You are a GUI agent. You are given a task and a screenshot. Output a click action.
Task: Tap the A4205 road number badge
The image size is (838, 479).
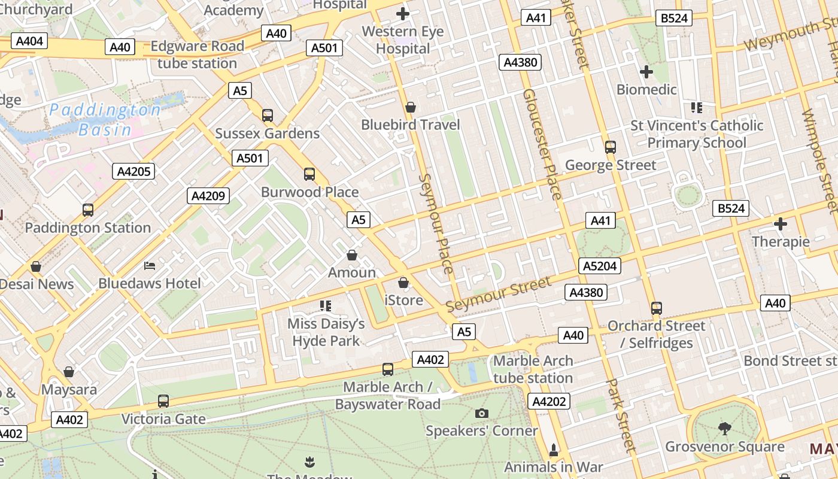pyautogui.click(x=133, y=171)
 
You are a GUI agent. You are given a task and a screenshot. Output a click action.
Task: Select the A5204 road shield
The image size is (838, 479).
pyautogui.click(x=600, y=266)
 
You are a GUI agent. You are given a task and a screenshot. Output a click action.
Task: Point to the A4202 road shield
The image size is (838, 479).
pyautogui.click(x=549, y=401)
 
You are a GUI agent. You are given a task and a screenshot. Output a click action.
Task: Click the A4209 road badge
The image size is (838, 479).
pyautogui.click(x=208, y=196)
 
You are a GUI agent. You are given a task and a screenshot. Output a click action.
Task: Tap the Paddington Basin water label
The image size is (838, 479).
pyautogui.click(x=105, y=120)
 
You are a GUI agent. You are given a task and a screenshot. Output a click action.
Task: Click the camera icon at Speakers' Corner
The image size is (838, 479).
pyautogui.click(x=481, y=413)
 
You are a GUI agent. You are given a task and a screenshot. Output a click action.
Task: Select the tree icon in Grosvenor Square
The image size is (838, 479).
pyautogui.click(x=724, y=429)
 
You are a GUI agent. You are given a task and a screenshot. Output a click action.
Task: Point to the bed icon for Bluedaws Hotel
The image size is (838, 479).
pyautogui.click(x=150, y=265)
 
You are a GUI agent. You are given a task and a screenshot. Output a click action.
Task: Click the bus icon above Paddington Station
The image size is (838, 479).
pyautogui.click(x=88, y=210)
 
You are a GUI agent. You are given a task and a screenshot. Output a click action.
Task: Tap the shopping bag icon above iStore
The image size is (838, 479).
pyautogui.click(x=404, y=282)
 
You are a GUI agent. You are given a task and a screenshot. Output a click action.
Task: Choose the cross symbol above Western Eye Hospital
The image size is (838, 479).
pyautogui.click(x=403, y=13)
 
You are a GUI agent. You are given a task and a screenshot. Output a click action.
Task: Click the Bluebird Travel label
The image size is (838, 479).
pyautogui.click(x=411, y=125)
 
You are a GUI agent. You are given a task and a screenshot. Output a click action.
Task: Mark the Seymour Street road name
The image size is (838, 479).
pyautogui.click(x=498, y=294)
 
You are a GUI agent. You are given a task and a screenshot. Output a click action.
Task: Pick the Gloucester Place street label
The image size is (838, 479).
pyautogui.click(x=542, y=144)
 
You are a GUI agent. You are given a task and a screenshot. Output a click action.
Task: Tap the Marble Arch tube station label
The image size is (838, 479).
pyautogui.click(x=533, y=369)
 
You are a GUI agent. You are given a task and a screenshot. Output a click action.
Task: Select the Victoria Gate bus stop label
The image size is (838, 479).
pyautogui.click(x=163, y=419)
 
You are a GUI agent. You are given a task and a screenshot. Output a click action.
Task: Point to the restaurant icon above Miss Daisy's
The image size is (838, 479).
pyautogui.click(x=326, y=306)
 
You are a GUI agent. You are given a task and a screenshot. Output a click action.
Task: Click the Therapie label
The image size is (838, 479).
pyautogui.click(x=781, y=242)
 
